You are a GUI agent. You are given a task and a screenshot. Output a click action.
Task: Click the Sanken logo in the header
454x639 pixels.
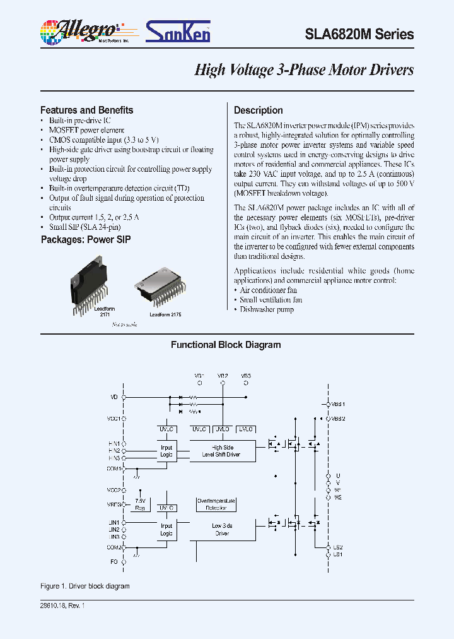coord(178,31)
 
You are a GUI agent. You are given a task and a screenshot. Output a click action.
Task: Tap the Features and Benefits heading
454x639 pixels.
coord(86,110)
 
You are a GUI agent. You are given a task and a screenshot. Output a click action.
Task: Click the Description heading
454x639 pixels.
coord(258,110)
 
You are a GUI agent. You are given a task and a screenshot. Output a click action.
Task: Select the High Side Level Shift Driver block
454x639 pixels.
coord(221,451)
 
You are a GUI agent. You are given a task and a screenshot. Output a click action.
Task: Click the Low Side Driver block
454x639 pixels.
coord(221,530)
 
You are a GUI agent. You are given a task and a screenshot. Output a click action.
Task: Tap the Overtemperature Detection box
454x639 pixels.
coord(216,504)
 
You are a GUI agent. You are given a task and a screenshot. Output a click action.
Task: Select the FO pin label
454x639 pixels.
coord(115,561)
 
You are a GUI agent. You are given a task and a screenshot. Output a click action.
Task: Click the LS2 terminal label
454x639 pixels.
coord(337,547)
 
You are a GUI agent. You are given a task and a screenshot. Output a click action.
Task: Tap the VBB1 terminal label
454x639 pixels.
coord(339,403)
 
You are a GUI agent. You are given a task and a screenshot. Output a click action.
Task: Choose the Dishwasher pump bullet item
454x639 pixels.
coord(267,309)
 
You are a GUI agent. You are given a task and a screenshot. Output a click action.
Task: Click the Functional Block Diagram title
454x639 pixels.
coord(226,345)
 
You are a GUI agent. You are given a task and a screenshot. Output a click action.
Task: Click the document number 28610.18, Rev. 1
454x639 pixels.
coord(62,606)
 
